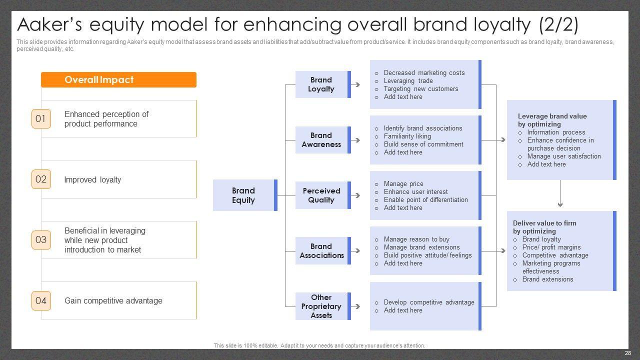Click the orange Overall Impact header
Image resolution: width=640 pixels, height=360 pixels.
[x=118, y=79]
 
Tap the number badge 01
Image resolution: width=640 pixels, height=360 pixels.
[x=41, y=118]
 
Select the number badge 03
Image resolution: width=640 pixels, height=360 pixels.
[x=41, y=239]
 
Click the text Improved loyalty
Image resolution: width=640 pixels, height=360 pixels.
[x=92, y=180]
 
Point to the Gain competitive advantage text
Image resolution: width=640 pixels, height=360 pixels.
[x=113, y=301]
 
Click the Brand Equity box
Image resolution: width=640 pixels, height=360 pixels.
[x=244, y=195]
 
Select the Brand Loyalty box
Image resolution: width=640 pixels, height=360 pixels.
[x=321, y=84]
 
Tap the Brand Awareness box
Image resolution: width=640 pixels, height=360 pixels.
[x=321, y=140]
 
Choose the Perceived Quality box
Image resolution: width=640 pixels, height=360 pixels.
[x=321, y=195]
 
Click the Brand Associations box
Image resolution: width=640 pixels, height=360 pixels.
[x=321, y=251]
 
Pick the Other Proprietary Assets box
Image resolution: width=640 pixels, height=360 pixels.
[x=321, y=306]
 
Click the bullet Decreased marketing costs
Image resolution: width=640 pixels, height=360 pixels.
[x=424, y=73]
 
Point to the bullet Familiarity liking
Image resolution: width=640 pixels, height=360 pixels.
[x=407, y=136]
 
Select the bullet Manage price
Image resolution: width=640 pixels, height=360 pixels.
[x=403, y=184]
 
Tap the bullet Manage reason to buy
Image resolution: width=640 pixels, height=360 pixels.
[x=416, y=239]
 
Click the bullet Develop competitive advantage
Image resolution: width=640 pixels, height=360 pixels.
[x=428, y=302]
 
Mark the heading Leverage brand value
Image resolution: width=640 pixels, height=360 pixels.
[x=552, y=116]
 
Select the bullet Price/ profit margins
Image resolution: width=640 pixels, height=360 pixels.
[x=551, y=247]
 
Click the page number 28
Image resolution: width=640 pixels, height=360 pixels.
[x=627, y=353]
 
